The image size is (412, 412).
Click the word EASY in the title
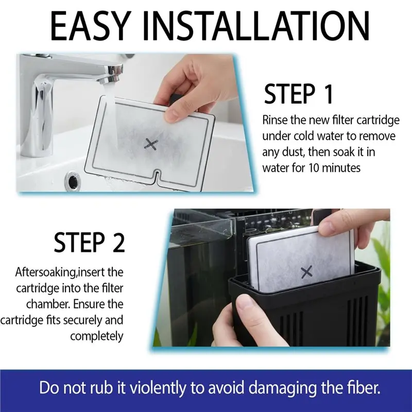tap(91, 26)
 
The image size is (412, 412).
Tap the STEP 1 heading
tap(299, 94)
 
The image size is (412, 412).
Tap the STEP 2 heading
tap(89, 242)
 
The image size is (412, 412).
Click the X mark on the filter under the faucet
tap(151, 145)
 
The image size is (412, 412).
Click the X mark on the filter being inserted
tap(306, 272)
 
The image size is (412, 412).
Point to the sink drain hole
tap(72, 178)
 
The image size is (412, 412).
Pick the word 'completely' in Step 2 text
tap(97, 336)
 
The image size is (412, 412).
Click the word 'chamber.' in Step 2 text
tap(48, 304)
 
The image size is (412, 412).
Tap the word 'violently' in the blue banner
tap(158, 388)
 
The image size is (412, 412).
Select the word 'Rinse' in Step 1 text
tap(275, 120)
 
